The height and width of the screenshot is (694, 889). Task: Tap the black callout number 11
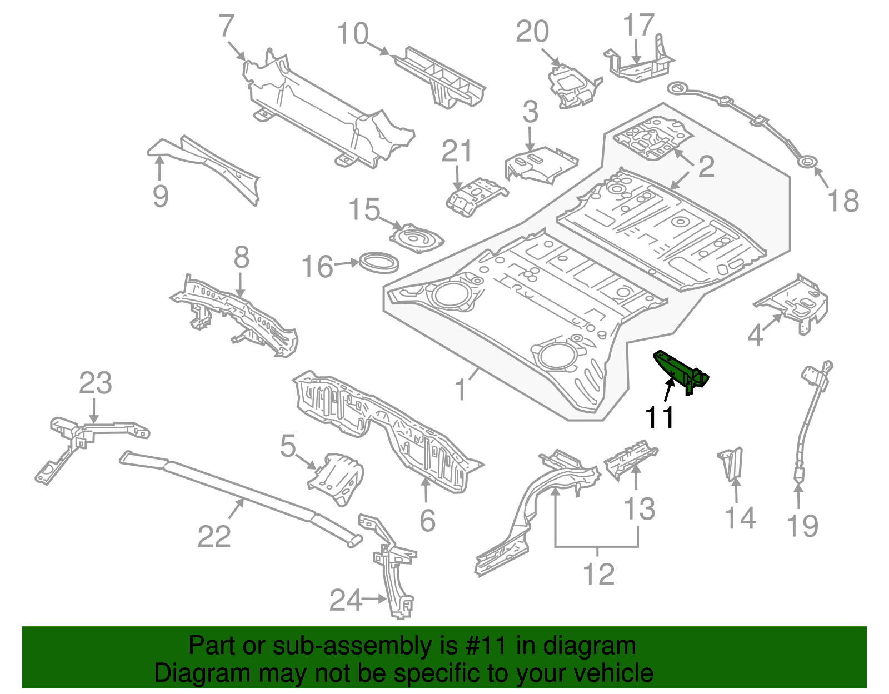tap(660, 417)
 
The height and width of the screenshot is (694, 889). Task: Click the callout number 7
tap(227, 26)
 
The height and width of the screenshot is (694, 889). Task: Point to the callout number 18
tap(843, 201)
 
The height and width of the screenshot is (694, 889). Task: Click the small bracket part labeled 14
tap(731, 463)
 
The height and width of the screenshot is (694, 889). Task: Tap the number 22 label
tap(214, 536)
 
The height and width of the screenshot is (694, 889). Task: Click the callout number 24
tap(346, 600)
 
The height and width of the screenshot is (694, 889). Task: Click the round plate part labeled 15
tap(417, 238)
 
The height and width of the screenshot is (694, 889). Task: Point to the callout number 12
tap(598, 574)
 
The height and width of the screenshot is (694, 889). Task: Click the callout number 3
tap(530, 112)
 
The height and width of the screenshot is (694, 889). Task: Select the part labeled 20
tap(572, 86)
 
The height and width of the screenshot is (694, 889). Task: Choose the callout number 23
tap(95, 383)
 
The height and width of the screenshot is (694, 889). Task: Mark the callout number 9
tap(160, 196)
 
